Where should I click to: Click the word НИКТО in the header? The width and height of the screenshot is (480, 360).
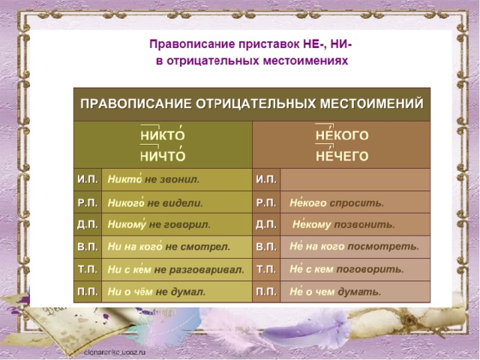click(163, 135)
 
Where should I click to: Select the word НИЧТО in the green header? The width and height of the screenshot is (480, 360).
click(163, 156)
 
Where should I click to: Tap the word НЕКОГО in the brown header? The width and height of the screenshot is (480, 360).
click(342, 135)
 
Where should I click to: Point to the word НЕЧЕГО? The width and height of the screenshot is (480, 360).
click(342, 156)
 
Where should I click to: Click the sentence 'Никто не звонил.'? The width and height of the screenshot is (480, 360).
click(153, 179)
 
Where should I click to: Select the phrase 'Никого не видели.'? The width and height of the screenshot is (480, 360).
click(155, 202)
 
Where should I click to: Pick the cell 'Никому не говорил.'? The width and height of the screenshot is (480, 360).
click(159, 224)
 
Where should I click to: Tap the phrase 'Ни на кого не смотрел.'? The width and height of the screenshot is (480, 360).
click(169, 247)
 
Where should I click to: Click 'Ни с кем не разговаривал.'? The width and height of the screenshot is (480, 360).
click(176, 269)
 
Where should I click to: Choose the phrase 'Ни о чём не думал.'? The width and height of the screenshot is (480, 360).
click(157, 292)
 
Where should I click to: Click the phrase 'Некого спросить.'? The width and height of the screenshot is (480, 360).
click(337, 202)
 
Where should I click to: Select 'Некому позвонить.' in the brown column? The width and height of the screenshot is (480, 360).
click(343, 224)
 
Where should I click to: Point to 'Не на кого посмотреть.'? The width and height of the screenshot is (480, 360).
click(354, 247)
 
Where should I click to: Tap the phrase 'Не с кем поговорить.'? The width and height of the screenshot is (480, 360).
click(346, 269)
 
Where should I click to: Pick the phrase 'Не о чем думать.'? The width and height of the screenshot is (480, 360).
click(335, 292)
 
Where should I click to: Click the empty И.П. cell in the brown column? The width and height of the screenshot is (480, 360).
click(355, 180)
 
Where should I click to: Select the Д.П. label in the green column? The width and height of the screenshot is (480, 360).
click(88, 224)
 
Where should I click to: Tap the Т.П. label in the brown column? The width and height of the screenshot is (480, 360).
click(266, 269)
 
